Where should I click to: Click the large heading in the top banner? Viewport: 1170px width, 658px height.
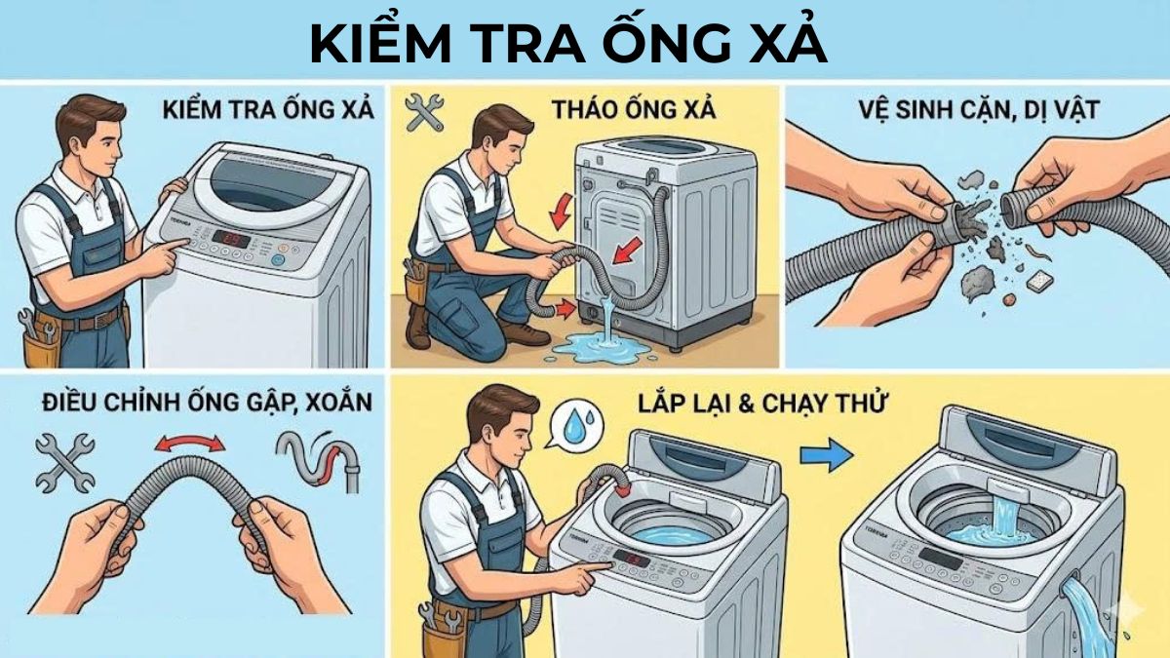(568, 44)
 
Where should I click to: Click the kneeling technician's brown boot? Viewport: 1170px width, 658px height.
(526, 335)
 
